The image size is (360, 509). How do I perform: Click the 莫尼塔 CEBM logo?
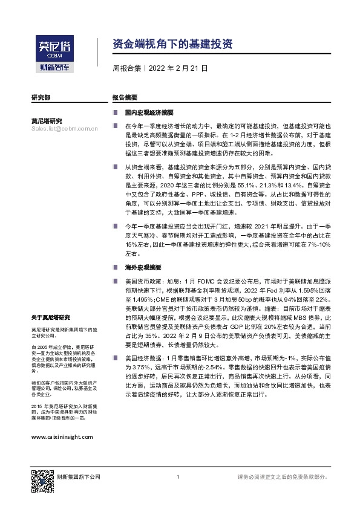55,47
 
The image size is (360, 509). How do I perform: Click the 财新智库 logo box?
55,67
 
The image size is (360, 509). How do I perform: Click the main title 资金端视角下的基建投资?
171,44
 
